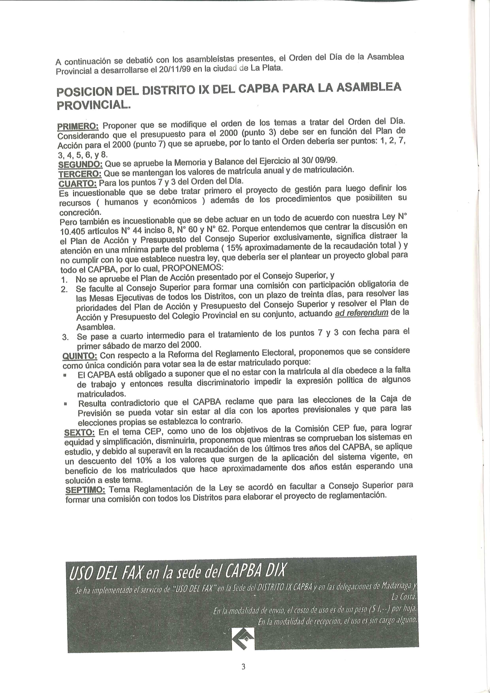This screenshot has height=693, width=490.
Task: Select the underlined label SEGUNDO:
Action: point(80,165)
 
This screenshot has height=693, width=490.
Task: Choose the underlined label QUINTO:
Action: point(80,356)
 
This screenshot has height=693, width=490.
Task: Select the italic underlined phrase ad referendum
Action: point(361,313)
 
